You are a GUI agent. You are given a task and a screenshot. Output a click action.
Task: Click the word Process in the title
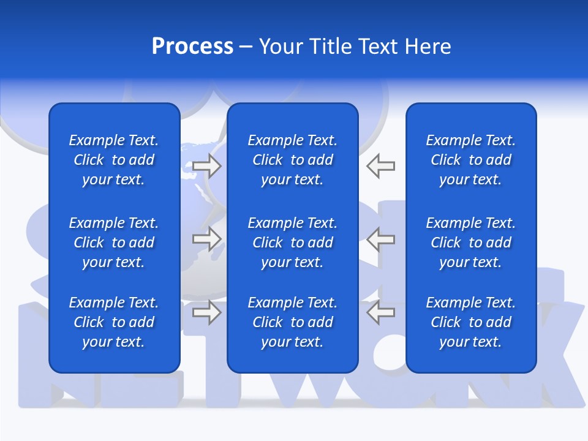pos(192,47)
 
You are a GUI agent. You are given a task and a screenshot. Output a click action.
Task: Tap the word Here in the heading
pos(428,47)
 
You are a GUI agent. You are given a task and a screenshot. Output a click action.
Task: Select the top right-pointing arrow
pos(207,165)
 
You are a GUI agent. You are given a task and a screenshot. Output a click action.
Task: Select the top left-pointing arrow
pos(381,165)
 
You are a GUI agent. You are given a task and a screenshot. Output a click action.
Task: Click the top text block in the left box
pos(114,160)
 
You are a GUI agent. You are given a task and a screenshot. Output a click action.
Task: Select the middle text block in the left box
pos(114,243)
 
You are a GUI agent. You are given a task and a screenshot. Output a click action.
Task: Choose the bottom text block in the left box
pos(114,322)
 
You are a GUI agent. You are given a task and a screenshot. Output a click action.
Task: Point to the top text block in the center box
pos(292,160)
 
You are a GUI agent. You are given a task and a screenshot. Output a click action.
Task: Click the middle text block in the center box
pos(292,243)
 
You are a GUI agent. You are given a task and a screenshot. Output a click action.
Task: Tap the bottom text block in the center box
pos(292,322)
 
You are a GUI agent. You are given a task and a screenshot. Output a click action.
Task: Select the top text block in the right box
pos(470,160)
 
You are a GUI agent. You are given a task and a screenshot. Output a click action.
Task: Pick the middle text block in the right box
pos(470,243)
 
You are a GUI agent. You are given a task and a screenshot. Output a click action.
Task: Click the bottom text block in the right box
pos(470,322)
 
